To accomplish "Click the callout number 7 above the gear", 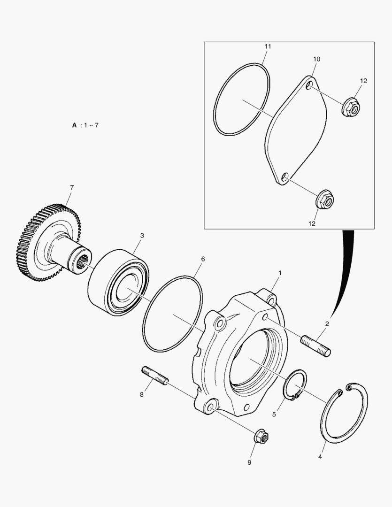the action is [72, 187].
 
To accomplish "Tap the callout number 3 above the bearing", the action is [142, 235].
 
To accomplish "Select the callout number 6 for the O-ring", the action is [203, 259].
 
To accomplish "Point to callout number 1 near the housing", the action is [280, 273].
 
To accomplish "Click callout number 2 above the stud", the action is [327, 323].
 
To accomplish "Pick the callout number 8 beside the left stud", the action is [142, 394].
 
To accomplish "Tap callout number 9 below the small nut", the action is [249, 462].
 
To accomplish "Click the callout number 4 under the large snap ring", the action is [320, 457].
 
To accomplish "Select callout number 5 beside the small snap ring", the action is [274, 414].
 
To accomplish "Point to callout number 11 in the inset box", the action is [268, 46].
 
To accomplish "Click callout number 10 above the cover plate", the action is [316, 59].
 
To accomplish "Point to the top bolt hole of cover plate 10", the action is [309, 85].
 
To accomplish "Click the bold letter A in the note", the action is [74, 125].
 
